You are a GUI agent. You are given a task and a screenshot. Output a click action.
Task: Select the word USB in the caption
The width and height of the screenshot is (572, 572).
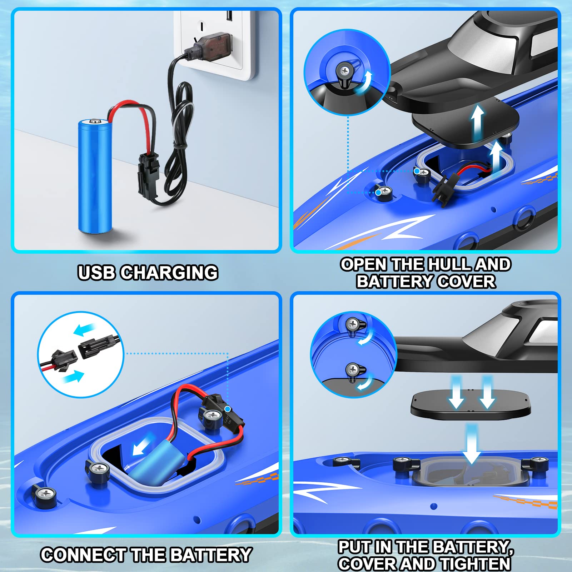tap(96, 273)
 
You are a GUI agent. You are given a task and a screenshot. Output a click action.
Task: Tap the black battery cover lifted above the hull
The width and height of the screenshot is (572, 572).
tap(464, 123)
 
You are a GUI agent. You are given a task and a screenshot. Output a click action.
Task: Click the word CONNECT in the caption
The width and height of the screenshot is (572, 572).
tap(83, 555)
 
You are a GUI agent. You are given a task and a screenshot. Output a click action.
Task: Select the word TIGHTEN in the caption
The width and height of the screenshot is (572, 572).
tap(475, 564)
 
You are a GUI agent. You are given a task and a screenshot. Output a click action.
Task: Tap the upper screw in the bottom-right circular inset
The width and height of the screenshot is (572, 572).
tap(353, 324)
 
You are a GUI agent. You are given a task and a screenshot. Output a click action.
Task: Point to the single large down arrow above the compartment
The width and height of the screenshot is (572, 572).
tap(472, 445)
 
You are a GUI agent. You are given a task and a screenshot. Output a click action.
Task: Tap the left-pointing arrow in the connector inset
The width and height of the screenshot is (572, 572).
tap(84, 329)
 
